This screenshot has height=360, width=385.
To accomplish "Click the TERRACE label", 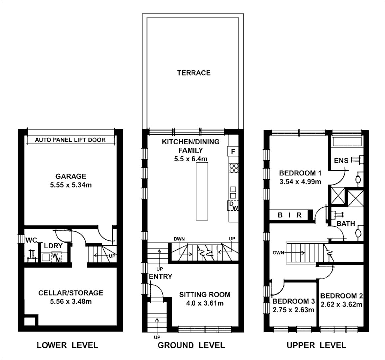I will (x=193, y=73).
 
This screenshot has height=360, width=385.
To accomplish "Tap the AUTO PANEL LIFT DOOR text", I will (x=70, y=140).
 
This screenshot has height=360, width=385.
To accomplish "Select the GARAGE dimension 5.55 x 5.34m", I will (x=71, y=185).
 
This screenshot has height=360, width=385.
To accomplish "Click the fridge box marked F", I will (x=233, y=151).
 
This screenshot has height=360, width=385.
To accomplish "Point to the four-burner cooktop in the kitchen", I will (x=233, y=168).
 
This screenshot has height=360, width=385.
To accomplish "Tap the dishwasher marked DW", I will (x=233, y=206).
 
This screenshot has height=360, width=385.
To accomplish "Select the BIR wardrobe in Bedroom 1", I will (x=290, y=215).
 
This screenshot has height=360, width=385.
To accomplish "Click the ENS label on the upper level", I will (x=341, y=161).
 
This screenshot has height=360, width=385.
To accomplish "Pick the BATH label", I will (x=346, y=224).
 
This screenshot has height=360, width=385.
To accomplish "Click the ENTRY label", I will (x=160, y=276).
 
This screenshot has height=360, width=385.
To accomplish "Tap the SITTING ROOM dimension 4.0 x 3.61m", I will (x=204, y=303).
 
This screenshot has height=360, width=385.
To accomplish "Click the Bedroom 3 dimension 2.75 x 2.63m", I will (x=293, y=310).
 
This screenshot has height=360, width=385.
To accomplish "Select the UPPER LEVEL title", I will (x=316, y=345).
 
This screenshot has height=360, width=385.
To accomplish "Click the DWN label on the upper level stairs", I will (x=279, y=253).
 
